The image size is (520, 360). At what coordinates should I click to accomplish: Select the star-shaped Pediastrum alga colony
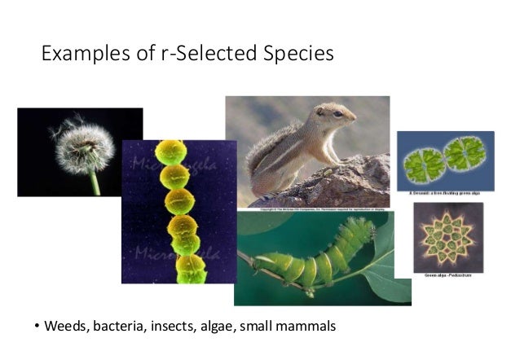tap(447, 237)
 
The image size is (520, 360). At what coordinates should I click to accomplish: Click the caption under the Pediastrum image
tap(447, 276)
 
